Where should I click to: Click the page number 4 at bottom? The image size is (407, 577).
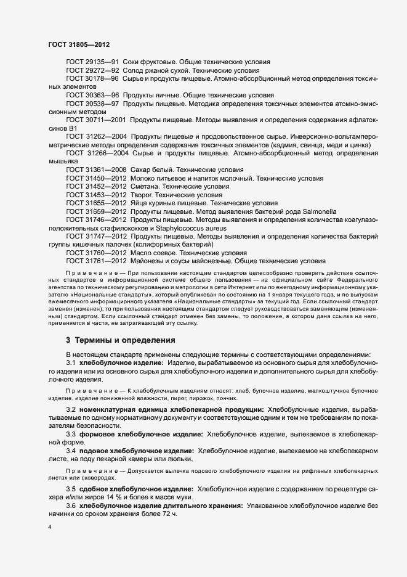[49, 528]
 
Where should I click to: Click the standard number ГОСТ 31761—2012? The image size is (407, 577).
[96, 261]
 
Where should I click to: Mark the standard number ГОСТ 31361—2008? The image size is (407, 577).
[96, 169]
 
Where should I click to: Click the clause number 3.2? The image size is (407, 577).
[70, 409]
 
